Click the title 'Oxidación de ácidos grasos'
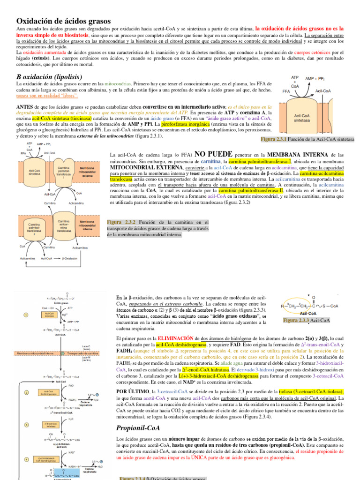[64, 21]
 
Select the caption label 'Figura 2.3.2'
[121, 222]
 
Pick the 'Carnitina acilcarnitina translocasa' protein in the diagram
[64, 225]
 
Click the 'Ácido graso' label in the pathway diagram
[62, 303]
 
